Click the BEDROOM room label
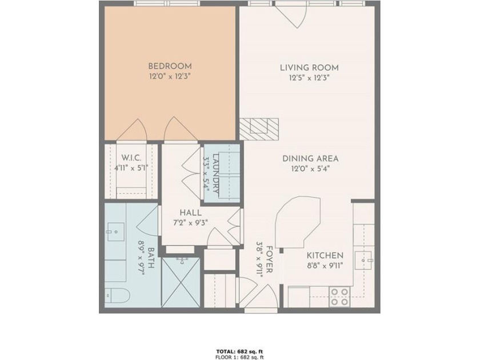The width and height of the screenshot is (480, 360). pyautogui.click(x=170, y=66)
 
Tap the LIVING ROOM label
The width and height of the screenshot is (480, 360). pyautogui.click(x=309, y=67)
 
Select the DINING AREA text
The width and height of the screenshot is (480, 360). pyautogui.click(x=310, y=159)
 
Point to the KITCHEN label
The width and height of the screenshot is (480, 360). pyautogui.click(x=325, y=255)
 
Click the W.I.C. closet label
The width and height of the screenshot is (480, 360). pyautogui.click(x=131, y=158)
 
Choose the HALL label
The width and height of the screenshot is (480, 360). pyautogui.click(x=190, y=213)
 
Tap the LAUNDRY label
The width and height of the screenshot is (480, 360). pyautogui.click(x=216, y=173)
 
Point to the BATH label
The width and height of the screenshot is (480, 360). pyautogui.click(x=151, y=258)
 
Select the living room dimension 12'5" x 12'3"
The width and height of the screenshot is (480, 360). pyautogui.click(x=309, y=78)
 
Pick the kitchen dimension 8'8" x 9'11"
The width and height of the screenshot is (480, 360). pyautogui.click(x=325, y=265)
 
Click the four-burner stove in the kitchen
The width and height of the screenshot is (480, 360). pyautogui.click(x=340, y=297)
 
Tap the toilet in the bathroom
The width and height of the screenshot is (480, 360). pyautogui.click(x=118, y=296)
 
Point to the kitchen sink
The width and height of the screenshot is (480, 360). pyautogui.click(x=363, y=261)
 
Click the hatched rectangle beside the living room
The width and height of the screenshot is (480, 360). pyautogui.click(x=259, y=129)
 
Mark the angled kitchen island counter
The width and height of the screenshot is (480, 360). pyautogui.click(x=298, y=222)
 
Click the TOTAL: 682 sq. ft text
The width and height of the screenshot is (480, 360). pyautogui.click(x=239, y=351)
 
